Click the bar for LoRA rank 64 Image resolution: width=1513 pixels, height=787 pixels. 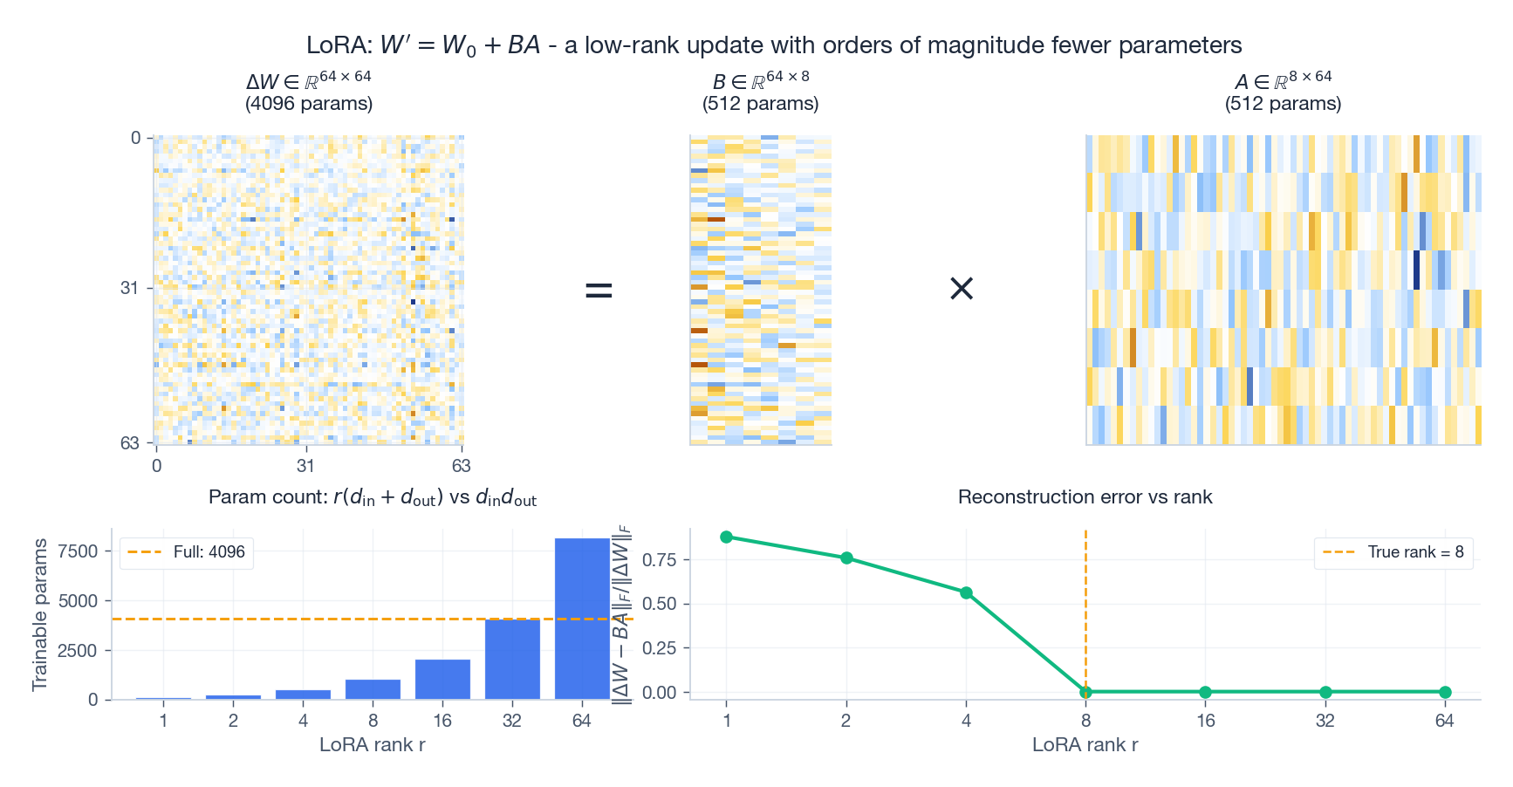[x=582, y=619]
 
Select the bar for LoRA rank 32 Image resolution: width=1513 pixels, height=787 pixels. [x=512, y=659]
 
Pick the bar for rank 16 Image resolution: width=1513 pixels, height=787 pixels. [x=442, y=679]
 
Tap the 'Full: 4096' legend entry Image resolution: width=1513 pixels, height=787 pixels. [x=187, y=552]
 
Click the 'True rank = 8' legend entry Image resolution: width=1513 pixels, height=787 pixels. [x=1393, y=552]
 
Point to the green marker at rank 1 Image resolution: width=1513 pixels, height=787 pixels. [x=727, y=537]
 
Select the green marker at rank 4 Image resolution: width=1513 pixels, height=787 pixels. [x=966, y=593]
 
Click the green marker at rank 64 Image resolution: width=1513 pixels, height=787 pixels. [x=1445, y=692]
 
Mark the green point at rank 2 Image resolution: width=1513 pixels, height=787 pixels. [x=846, y=558]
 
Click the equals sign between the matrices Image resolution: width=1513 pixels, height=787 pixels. [x=599, y=290]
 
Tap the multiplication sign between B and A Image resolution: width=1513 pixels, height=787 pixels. [x=961, y=289]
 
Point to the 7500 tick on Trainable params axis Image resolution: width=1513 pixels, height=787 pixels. [x=79, y=551]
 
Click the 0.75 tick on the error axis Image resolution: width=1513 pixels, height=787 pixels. [x=660, y=560]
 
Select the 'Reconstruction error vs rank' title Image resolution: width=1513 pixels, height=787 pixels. [x=1085, y=497]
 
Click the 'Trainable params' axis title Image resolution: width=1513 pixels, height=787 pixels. [x=39, y=614]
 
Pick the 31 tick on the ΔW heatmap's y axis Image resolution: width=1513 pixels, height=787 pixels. [x=129, y=288]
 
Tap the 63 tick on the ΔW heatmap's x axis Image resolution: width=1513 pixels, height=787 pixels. [x=461, y=466]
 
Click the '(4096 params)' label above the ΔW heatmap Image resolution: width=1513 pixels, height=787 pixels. [x=309, y=104]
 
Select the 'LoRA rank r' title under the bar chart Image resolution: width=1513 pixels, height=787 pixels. [x=373, y=745]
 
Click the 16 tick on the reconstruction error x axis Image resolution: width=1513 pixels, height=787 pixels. [x=1205, y=721]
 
